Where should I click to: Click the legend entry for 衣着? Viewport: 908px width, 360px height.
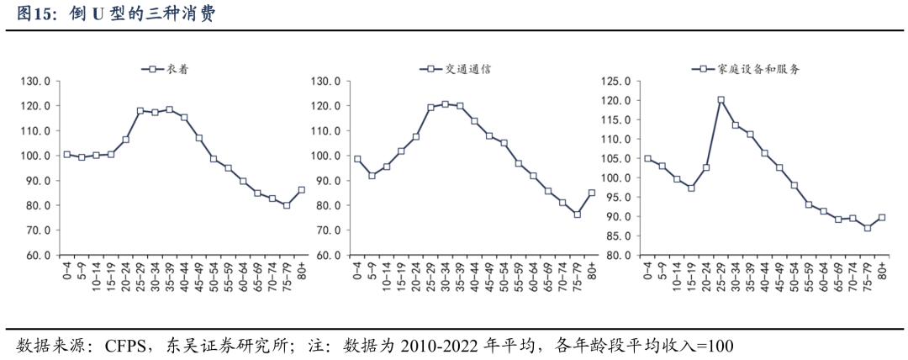[x=165, y=70]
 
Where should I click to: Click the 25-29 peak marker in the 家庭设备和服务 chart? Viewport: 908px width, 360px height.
[x=721, y=100]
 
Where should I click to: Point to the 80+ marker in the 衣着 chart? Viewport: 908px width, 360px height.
[x=301, y=190]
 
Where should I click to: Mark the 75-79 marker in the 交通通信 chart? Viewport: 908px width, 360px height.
[x=577, y=214]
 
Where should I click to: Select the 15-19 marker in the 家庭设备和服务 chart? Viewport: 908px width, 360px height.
[x=691, y=188]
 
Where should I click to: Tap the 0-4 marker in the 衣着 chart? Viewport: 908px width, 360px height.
[x=67, y=154]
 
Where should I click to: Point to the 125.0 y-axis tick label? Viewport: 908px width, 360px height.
[x=618, y=82]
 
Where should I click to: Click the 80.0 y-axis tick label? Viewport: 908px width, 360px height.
[x=618, y=255]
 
